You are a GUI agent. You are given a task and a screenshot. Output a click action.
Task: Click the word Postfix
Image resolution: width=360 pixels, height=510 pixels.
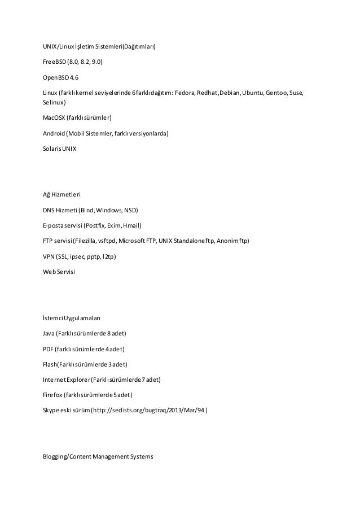click(96, 226)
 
